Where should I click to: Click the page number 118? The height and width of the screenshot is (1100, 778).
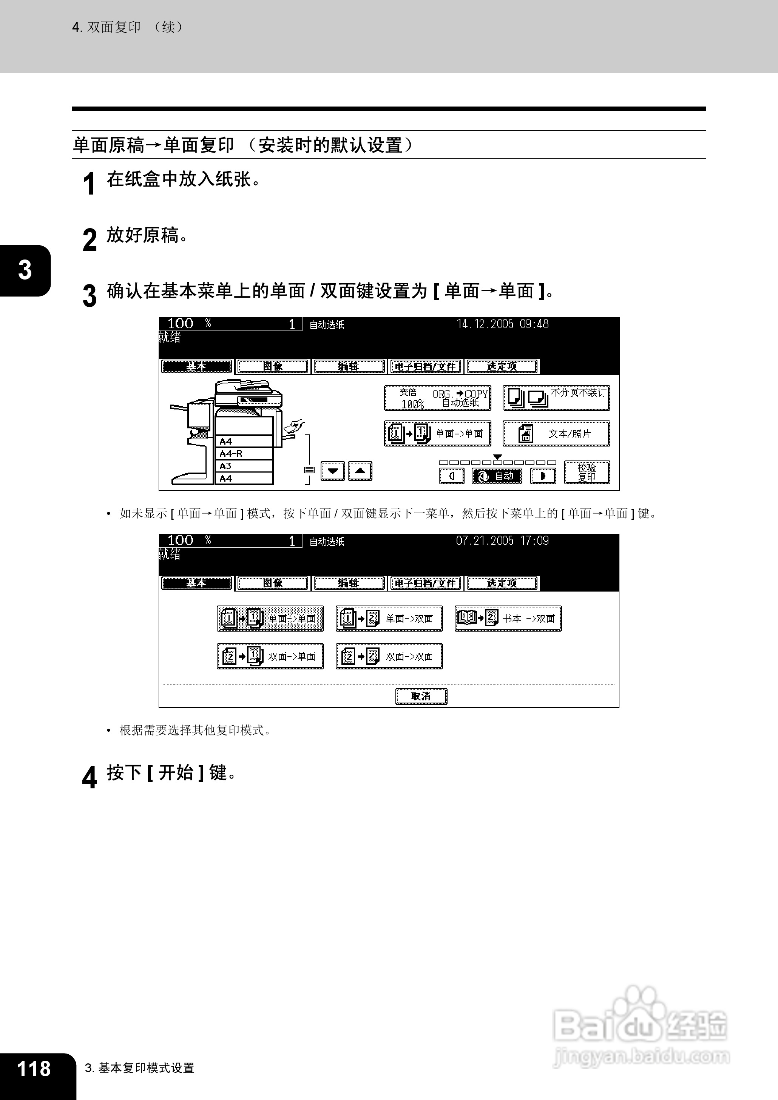(x=34, y=1068)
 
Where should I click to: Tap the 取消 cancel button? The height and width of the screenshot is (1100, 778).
(x=421, y=696)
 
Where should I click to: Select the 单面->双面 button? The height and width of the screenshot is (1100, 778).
(x=389, y=618)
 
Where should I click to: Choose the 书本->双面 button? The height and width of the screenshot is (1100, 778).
(x=508, y=618)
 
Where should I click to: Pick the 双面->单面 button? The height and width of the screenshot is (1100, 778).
(x=270, y=657)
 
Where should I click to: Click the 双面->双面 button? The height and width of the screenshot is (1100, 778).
(x=389, y=657)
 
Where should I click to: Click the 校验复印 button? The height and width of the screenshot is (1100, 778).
(x=587, y=473)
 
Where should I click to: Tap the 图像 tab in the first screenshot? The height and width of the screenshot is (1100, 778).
(x=273, y=366)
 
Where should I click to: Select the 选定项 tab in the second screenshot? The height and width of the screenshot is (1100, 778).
(x=502, y=583)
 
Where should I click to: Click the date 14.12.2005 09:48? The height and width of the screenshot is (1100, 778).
(x=503, y=324)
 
